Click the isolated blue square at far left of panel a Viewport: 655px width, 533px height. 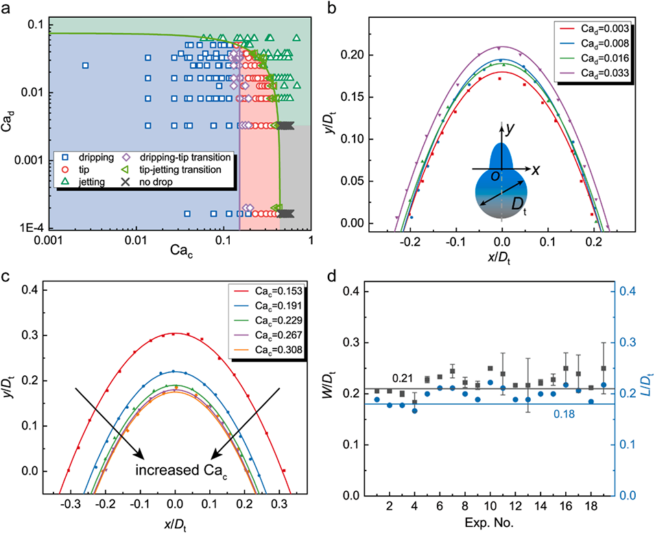coord(86,66)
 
